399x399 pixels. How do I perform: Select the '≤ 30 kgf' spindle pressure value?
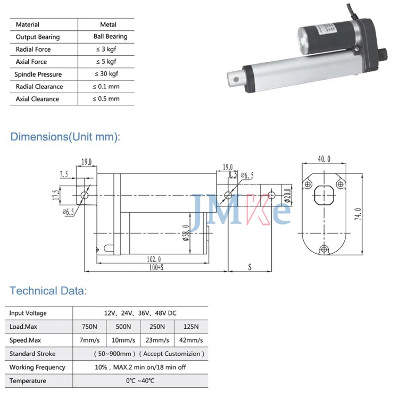(x=106, y=74)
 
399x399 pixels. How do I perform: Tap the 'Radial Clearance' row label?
(x=39, y=87)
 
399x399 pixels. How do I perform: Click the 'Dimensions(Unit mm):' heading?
(x=65, y=137)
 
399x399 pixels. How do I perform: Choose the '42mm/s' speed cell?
(x=191, y=340)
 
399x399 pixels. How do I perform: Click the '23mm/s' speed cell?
(x=157, y=340)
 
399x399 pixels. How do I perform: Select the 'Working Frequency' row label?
(x=37, y=367)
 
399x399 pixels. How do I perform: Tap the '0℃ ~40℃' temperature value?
(x=140, y=381)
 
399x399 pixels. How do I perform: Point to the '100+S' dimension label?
(x=156, y=268)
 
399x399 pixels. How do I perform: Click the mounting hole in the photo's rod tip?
(x=236, y=82)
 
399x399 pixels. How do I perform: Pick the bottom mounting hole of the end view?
(x=323, y=250)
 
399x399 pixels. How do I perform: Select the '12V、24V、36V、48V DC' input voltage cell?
(x=140, y=313)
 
